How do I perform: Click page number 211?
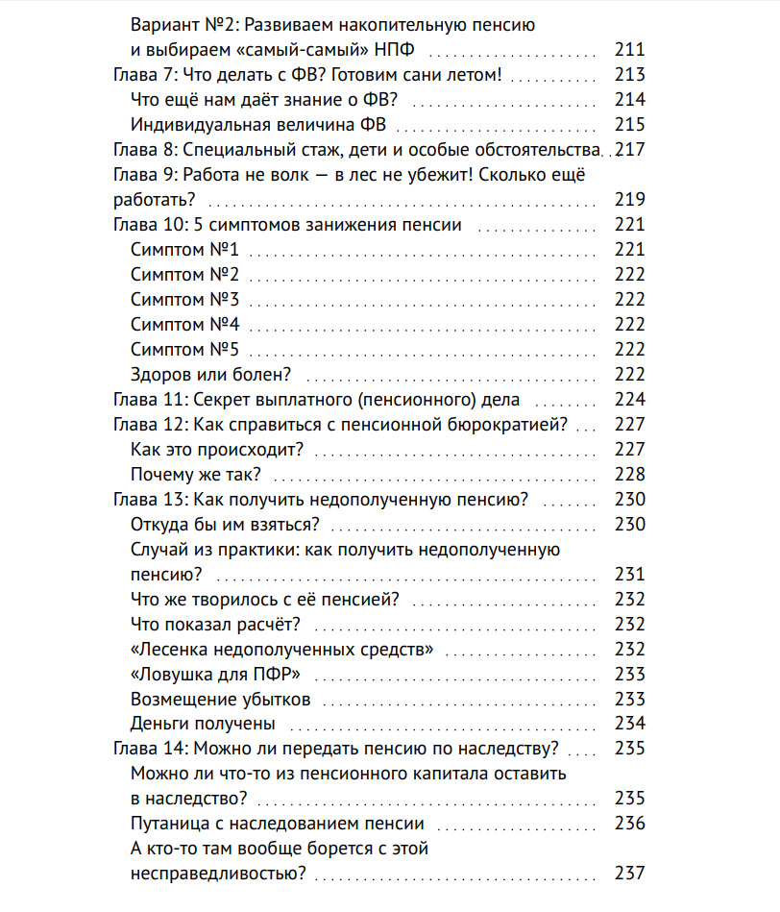[x=629, y=50]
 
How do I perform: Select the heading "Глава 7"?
[x=143, y=75]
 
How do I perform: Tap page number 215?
[x=629, y=125]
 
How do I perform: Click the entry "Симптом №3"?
[x=184, y=300]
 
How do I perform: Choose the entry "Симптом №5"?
[x=184, y=350]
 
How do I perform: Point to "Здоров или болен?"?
[x=210, y=375]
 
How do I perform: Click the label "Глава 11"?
[x=148, y=400]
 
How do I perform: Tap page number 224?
[x=629, y=400]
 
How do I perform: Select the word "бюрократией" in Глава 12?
[x=510, y=425]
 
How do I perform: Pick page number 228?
[x=629, y=475]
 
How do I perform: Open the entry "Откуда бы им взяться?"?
[x=224, y=525]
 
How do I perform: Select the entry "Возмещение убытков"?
[x=220, y=700]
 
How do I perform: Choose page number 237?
[x=629, y=875]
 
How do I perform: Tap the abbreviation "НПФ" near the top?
[x=406, y=50]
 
